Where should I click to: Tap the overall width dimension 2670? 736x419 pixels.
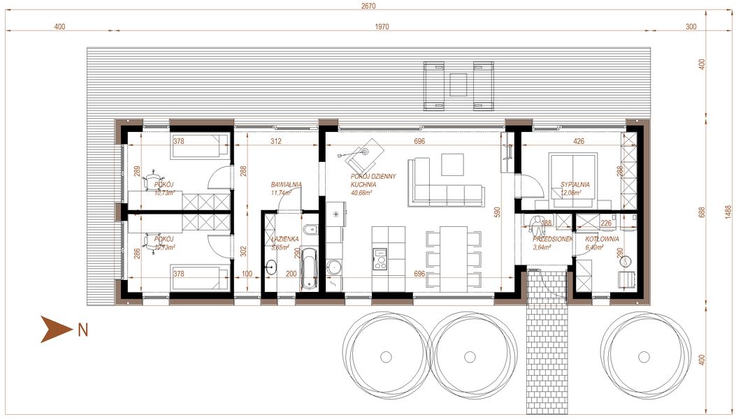(x=368, y=6)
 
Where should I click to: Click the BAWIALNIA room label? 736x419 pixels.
(x=286, y=185)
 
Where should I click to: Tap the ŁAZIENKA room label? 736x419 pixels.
(x=284, y=239)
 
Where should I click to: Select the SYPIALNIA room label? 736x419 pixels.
(x=575, y=185)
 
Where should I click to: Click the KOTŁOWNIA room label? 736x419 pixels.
(x=602, y=239)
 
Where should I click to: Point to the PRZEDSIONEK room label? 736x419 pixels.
(x=553, y=239)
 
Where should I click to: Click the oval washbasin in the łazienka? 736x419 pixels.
(x=273, y=267)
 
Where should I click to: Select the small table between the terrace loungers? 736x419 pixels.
(x=459, y=84)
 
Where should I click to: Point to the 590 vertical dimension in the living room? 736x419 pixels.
(x=498, y=213)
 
